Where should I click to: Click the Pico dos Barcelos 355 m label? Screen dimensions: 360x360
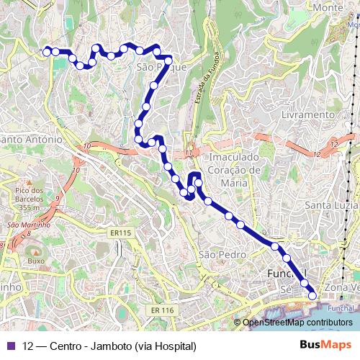(30, 198)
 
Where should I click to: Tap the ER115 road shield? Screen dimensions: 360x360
(121, 233)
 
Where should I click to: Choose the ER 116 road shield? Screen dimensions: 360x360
(163, 310)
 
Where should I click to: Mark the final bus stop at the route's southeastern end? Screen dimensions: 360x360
(312, 295)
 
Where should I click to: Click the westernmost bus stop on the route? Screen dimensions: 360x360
(47, 51)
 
